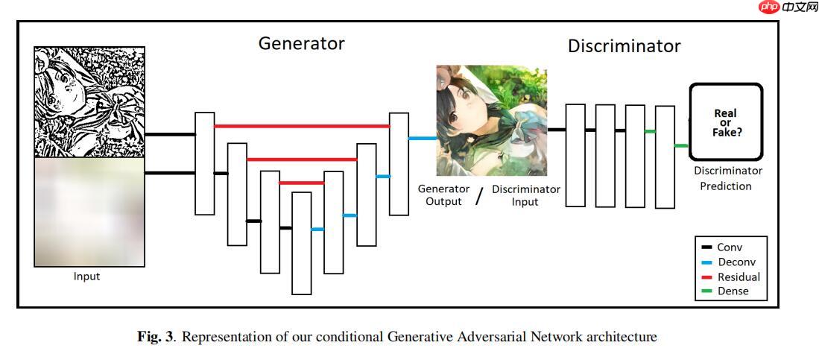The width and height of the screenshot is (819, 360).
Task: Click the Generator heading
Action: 301,43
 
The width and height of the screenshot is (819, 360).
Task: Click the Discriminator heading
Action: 624,46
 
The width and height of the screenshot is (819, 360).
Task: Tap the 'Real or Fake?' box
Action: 726,121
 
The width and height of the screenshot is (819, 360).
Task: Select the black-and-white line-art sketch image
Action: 89,102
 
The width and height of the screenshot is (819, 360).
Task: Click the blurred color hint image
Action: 89,212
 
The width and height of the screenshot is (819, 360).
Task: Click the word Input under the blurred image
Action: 86,277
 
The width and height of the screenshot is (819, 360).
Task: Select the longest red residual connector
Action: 301,126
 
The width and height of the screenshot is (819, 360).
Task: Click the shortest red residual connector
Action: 301,183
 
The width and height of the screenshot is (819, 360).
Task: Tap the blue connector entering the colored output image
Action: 422,138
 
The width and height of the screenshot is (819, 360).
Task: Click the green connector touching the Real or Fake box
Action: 680,146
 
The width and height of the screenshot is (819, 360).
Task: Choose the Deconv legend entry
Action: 735,262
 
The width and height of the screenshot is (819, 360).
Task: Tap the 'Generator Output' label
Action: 443,195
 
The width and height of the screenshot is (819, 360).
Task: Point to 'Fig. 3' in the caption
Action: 156,337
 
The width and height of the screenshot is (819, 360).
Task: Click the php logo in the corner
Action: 769,7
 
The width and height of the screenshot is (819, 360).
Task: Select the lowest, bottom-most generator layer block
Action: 301,243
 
